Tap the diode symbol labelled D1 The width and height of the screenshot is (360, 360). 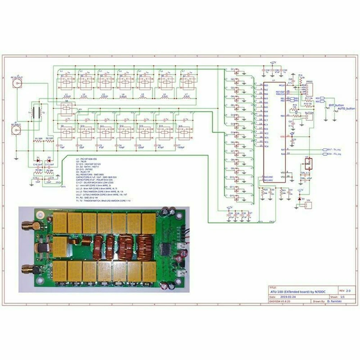pos(38,158)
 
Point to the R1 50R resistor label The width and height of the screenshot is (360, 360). pos(38,138)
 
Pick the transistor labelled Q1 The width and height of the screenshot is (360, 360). pos(236,71)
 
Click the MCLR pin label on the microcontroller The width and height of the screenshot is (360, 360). pos(282,86)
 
